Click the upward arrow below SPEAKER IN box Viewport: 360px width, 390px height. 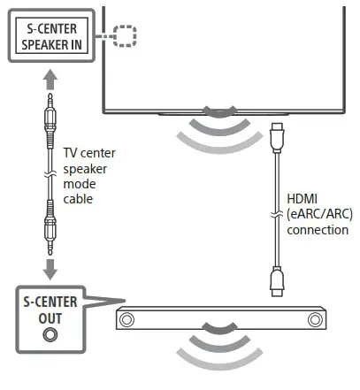pyautogui.click(x=49, y=82)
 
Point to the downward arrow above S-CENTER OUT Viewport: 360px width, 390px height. pyautogui.click(x=49, y=267)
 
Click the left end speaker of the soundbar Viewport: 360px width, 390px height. pyautogui.click(x=131, y=320)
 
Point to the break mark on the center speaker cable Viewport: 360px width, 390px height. pyautogui.click(x=49, y=176)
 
